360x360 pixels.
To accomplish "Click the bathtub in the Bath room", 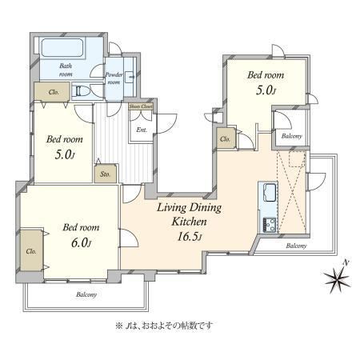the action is [62, 47].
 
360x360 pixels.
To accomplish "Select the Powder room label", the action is [114, 78].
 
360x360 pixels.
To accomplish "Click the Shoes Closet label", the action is [141, 106].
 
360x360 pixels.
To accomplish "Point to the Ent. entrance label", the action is [142, 130].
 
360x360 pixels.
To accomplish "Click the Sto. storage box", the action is [106, 174].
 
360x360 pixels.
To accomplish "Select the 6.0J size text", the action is [82, 243].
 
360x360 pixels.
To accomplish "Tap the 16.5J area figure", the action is [190, 237].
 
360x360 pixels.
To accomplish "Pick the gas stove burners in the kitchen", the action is [270, 225].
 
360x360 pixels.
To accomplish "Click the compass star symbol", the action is [337, 279].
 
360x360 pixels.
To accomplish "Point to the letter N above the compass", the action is [346, 262].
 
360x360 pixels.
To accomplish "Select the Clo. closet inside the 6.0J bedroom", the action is [31, 250].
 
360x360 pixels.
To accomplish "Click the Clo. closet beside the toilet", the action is [52, 91].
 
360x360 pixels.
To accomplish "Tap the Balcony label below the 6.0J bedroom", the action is [86, 294].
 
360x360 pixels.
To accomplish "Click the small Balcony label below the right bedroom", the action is [292, 136].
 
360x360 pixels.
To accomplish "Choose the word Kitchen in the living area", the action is [189, 222].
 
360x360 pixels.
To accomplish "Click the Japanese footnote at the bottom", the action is [164, 326].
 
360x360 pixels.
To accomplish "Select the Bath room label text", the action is [66, 70].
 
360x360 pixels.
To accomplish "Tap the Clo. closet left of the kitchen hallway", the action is [226, 138].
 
